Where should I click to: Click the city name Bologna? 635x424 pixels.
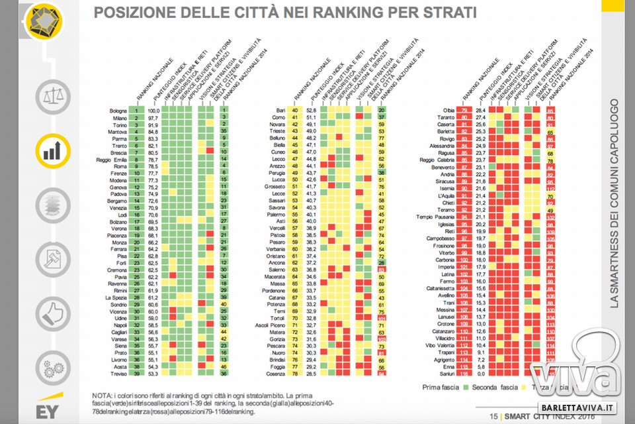(x=118, y=111)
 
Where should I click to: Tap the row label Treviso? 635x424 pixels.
(x=119, y=376)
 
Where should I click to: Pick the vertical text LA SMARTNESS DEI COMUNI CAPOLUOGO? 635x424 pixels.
(x=614, y=202)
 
